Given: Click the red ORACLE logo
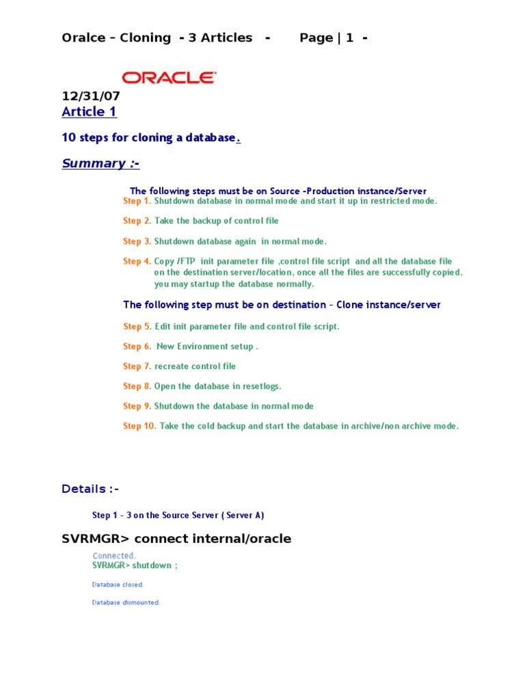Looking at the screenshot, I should [x=169, y=77].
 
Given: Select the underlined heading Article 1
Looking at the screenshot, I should [x=89, y=111].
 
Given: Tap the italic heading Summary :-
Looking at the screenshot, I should [x=100, y=163].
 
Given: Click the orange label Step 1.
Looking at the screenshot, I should [x=137, y=201].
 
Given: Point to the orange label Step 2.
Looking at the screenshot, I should [x=137, y=221].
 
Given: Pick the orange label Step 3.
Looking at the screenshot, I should [x=137, y=241].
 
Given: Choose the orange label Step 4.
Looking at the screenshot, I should [x=137, y=261].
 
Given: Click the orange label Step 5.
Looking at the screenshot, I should [x=137, y=327].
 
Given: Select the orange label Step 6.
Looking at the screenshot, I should [x=137, y=347].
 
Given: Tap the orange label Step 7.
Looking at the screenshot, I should [x=137, y=366].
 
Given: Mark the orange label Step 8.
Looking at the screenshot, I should [x=137, y=386].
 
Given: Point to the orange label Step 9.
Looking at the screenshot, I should [x=137, y=406].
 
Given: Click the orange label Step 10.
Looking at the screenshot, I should [x=139, y=426].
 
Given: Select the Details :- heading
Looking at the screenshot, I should [x=90, y=489].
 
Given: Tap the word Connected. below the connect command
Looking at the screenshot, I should [x=114, y=556].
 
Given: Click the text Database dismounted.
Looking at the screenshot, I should [x=126, y=602].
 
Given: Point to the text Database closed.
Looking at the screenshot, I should [x=118, y=584].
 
